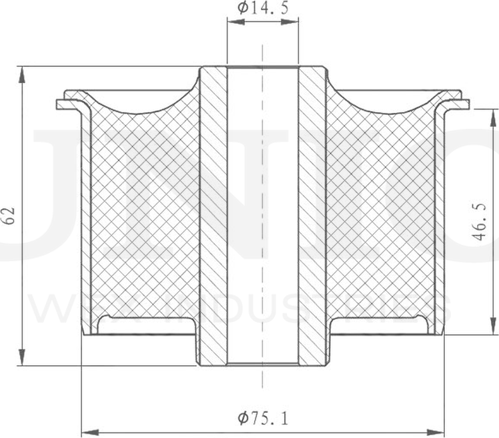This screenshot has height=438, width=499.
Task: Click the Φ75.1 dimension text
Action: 263,419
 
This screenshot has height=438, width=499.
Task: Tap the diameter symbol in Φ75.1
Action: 243,419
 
